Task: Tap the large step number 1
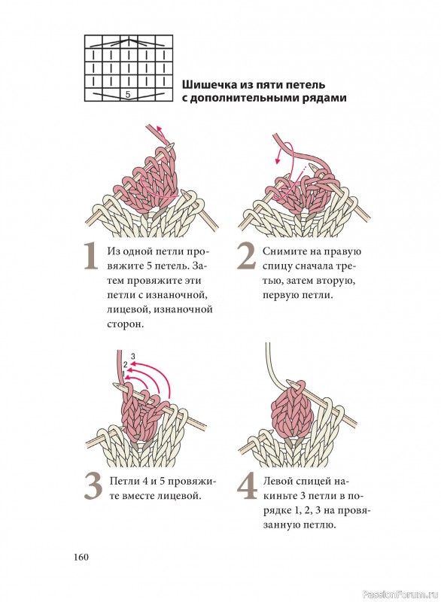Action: pos(91,257)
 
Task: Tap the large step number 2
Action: pos(246,256)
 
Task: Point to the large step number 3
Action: pos(93,486)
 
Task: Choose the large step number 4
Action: pos(247,486)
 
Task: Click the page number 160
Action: pos(81,557)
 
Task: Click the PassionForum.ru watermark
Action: pos(401,594)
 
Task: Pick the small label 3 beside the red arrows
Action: pos(132,356)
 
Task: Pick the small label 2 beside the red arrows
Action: pos(126,364)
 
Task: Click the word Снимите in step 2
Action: pos(281,251)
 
